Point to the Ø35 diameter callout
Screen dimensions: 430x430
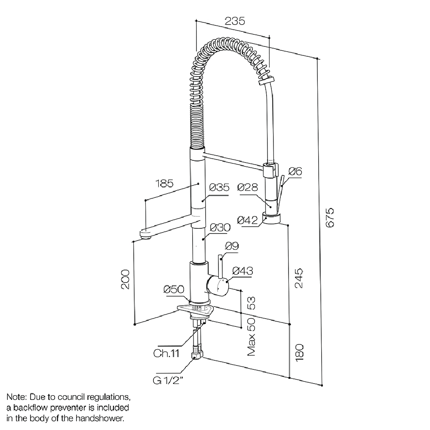pyautogui.click(x=219, y=188)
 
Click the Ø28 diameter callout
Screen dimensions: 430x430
pyautogui.click(x=247, y=188)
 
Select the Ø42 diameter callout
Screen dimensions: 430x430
pyautogui.click(x=247, y=221)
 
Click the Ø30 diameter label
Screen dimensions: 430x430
pyautogui.click(x=220, y=228)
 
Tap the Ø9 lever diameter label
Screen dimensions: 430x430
pyautogui.click(x=232, y=246)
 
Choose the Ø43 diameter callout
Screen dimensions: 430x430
pyautogui.click(x=243, y=271)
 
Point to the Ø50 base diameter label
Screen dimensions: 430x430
pyautogui.click(x=174, y=290)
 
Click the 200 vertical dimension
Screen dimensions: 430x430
pyautogui.click(x=125, y=280)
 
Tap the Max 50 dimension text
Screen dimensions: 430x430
pyautogui.click(x=252, y=337)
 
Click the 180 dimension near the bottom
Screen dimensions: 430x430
pyautogui.click(x=300, y=352)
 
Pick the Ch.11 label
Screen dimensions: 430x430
pyautogui.click(x=166, y=354)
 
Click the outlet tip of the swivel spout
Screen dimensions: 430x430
pyautogui.click(x=145, y=235)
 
